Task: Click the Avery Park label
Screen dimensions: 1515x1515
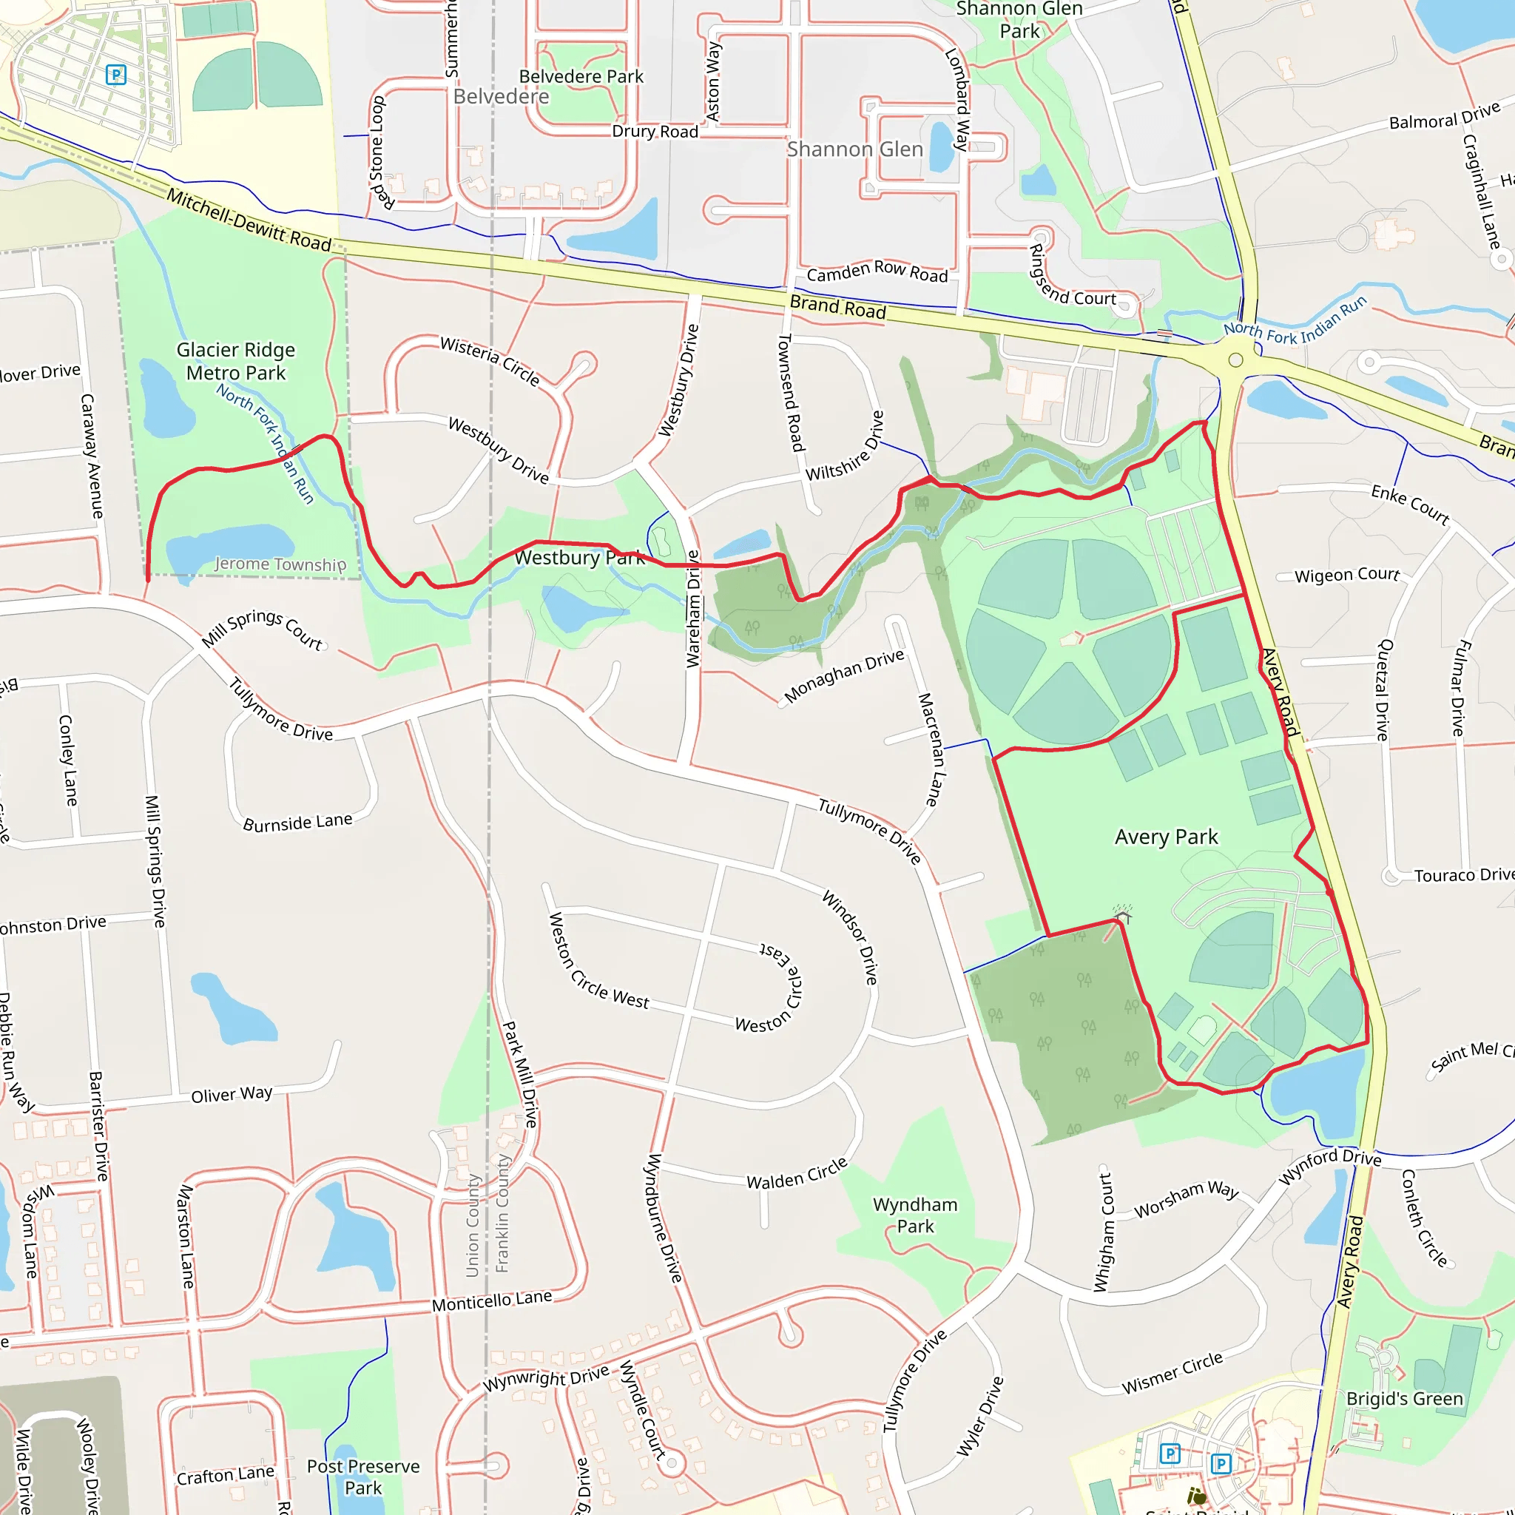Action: pyautogui.click(x=1166, y=837)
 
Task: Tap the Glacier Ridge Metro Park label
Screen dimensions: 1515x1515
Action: pyautogui.click(x=235, y=361)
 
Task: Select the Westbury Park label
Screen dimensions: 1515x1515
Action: pyautogui.click(x=579, y=558)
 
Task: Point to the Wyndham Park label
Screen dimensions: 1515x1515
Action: pyautogui.click(x=914, y=1215)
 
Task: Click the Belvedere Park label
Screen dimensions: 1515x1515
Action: pyautogui.click(x=581, y=76)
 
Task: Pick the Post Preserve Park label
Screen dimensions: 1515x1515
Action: pyautogui.click(x=363, y=1477)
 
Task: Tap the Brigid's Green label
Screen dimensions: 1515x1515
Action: pyautogui.click(x=1405, y=1398)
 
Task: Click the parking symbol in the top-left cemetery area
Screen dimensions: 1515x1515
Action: pyautogui.click(x=116, y=75)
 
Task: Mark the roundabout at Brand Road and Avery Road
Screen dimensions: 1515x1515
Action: pyautogui.click(x=1236, y=360)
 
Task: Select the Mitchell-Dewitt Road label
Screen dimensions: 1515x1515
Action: pyautogui.click(x=249, y=219)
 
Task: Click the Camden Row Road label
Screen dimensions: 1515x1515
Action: pyautogui.click(x=877, y=271)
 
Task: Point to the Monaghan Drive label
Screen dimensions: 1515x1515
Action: pyautogui.click(x=844, y=676)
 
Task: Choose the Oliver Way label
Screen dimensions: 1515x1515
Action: pyautogui.click(x=232, y=1094)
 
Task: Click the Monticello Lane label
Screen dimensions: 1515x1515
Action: pyautogui.click(x=492, y=1302)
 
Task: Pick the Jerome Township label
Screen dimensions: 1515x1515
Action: pyautogui.click(x=280, y=564)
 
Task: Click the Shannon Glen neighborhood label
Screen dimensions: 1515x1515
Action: pyautogui.click(x=854, y=149)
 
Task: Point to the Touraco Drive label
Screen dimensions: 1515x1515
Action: pyautogui.click(x=1463, y=874)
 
